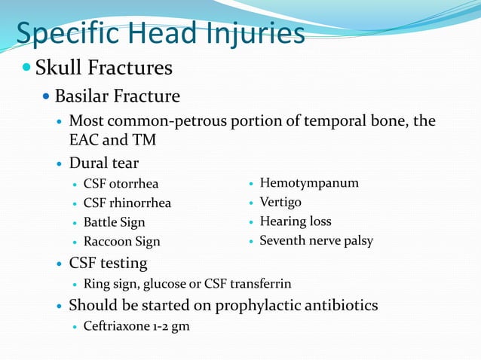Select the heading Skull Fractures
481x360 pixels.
pos(104,69)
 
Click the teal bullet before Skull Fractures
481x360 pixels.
pos(26,69)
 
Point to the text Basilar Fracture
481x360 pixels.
pos(117,96)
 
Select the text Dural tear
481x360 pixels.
pos(103,163)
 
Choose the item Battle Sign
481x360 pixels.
pos(114,223)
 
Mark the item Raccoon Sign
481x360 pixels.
pos(121,243)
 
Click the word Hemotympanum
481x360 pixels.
pos(309,183)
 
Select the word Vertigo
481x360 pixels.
pos(280,203)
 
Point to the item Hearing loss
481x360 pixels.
pos(296,222)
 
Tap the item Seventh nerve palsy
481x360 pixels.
pos(316,241)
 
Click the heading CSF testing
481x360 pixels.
pos(108,264)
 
